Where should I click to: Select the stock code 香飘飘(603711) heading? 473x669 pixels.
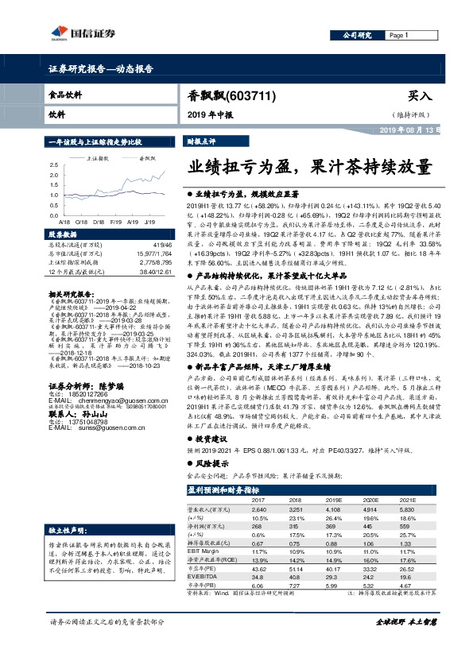[x=231, y=96]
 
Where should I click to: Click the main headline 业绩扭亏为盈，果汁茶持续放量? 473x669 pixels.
[x=311, y=168]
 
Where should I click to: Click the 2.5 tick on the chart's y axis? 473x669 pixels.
[x=52, y=164]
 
